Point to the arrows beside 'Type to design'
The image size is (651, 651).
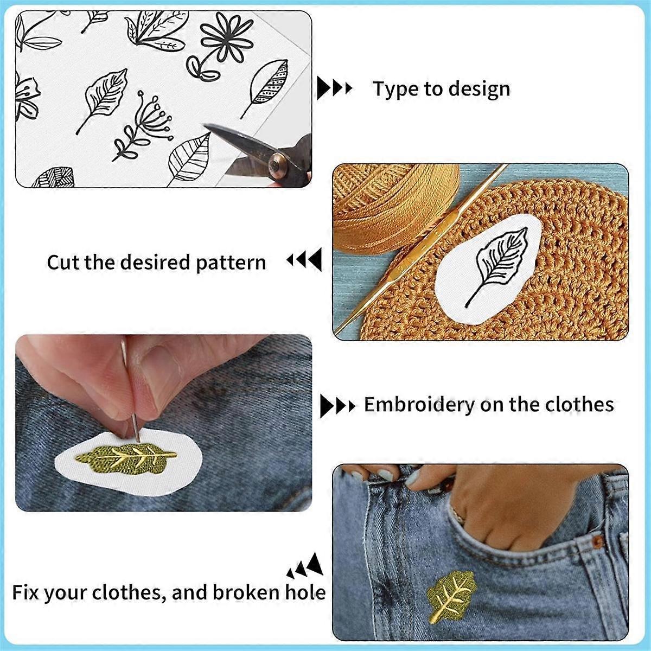[x=334, y=88]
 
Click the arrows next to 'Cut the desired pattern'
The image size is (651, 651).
[x=304, y=260]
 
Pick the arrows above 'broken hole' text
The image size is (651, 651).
[x=307, y=565]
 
